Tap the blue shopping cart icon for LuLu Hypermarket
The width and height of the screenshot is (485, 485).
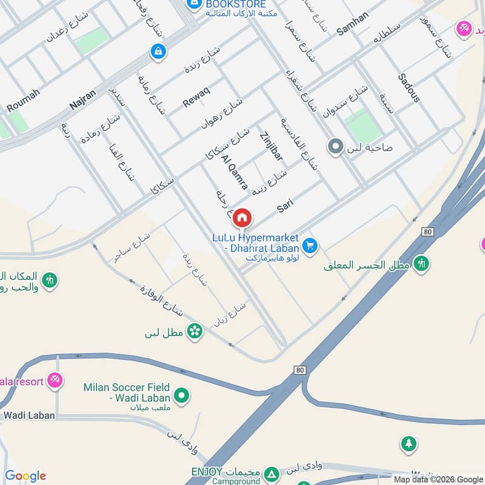click(x=310, y=245)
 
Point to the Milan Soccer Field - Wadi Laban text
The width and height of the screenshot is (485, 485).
click(x=127, y=393)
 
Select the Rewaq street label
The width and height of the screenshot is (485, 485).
click(x=196, y=98)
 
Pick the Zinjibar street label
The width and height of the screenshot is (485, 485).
click(x=271, y=145)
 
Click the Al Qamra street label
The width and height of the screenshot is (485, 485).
click(x=235, y=172)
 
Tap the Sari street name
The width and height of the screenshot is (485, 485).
click(x=285, y=206)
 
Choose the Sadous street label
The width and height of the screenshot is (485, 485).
click(x=409, y=87)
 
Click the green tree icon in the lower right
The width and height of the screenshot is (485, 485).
click(x=409, y=444)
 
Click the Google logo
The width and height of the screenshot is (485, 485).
click(x=25, y=476)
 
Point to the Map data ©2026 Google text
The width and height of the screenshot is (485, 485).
click(x=438, y=479)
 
